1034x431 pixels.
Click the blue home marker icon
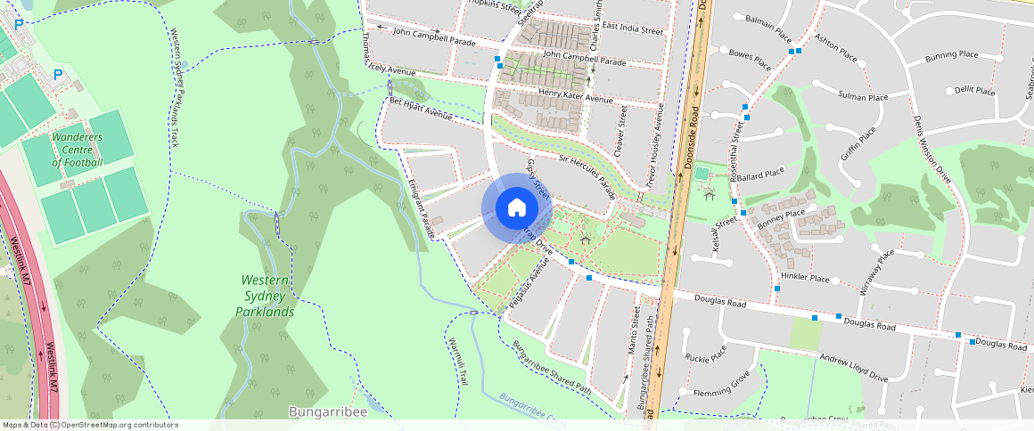click(x=517, y=208)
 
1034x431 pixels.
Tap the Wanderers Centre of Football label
click(x=77, y=150)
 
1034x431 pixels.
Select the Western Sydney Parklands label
click(x=265, y=297)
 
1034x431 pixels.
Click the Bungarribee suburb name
click(x=328, y=411)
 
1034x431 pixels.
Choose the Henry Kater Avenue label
click(x=574, y=94)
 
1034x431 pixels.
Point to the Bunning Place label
click(x=951, y=55)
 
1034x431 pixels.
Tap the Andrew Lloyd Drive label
click(x=854, y=366)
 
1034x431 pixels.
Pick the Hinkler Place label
click(x=805, y=279)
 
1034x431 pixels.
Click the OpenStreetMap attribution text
click(x=90, y=425)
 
